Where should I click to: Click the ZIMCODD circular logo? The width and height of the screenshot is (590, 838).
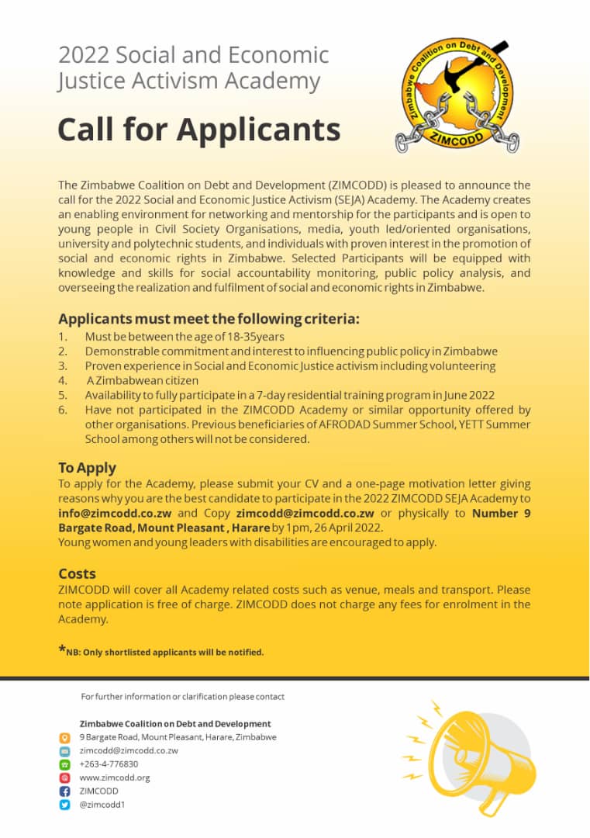pyautogui.click(x=457, y=94)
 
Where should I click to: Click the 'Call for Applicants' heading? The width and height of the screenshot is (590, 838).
pyautogui.click(x=198, y=130)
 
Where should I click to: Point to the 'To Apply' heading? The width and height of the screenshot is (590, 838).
pyautogui.click(x=87, y=468)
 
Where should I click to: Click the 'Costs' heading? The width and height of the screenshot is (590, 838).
pyautogui.click(x=77, y=573)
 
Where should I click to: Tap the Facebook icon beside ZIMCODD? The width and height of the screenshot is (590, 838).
pyautogui.click(x=65, y=791)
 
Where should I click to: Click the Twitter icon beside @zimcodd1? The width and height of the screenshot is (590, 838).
pyautogui.click(x=65, y=805)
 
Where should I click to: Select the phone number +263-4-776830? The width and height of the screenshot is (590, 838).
pyautogui.click(x=109, y=764)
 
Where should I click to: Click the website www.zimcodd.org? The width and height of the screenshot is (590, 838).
pyautogui.click(x=115, y=777)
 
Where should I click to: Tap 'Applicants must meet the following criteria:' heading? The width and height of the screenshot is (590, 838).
pyautogui.click(x=209, y=319)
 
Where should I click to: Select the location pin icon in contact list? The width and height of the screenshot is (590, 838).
pyautogui.click(x=65, y=737)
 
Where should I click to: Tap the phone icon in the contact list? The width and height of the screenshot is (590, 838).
pyautogui.click(x=65, y=764)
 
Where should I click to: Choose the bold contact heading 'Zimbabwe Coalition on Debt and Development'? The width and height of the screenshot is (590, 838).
pyautogui.click(x=175, y=723)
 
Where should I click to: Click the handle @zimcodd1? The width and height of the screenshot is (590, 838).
pyautogui.click(x=102, y=805)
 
